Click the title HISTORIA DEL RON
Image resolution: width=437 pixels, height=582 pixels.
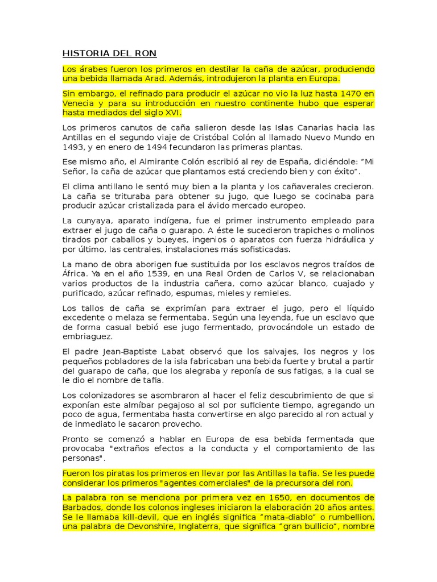(105, 54)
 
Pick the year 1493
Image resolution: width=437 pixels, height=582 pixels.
(73, 147)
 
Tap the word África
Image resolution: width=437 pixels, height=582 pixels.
(74, 274)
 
